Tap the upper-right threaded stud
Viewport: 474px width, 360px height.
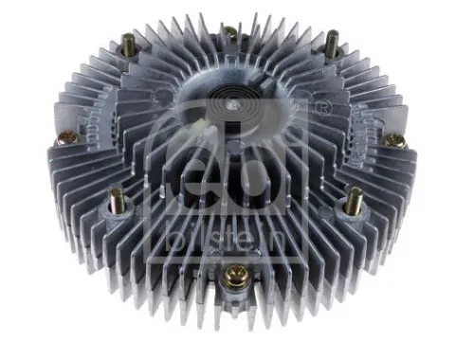(333, 41)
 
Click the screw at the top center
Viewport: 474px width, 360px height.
(229, 33)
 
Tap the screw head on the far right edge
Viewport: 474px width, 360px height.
(396, 140)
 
